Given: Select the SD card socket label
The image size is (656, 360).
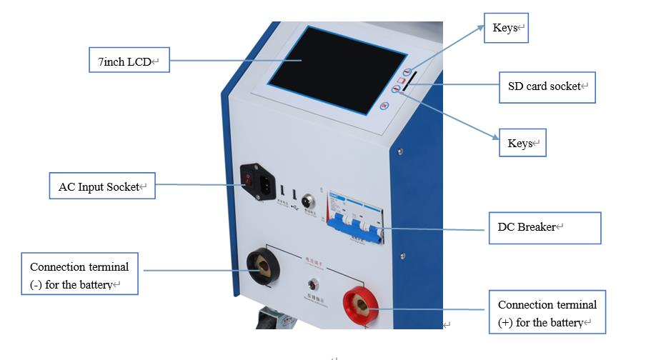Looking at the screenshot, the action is pyautogui.click(x=547, y=86).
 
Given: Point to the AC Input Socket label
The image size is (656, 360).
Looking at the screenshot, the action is pyautogui.click(x=101, y=187).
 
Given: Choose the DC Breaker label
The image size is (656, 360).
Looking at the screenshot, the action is pyautogui.click(x=544, y=228).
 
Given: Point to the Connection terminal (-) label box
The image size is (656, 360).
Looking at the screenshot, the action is pyautogui.click(x=79, y=274).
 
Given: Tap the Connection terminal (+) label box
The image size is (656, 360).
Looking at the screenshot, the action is pyautogui.click(x=547, y=313).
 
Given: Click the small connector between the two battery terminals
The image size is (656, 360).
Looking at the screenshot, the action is pyautogui.click(x=312, y=283).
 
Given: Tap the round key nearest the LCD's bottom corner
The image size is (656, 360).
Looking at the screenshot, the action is pyautogui.click(x=384, y=106).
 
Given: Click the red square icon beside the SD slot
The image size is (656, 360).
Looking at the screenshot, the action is pyautogui.click(x=403, y=81).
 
